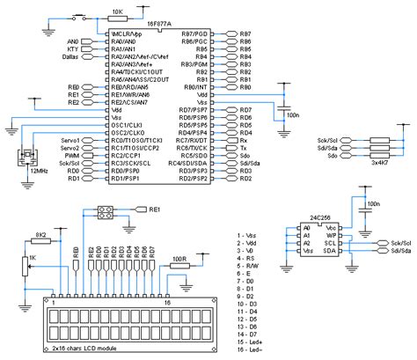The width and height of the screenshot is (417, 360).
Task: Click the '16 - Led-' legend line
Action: coord(255,350)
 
